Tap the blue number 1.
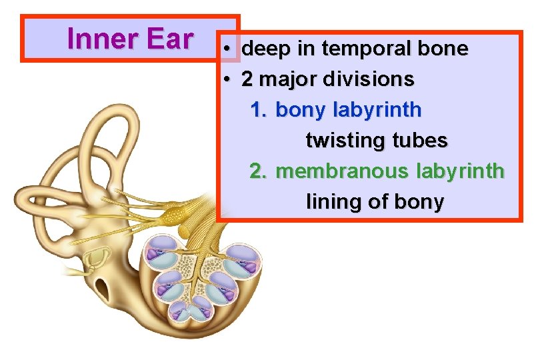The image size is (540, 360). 257,109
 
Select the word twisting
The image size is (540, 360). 339,141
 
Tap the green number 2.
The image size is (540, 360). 257,171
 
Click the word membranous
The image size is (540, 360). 341,171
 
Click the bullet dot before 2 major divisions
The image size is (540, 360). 227,79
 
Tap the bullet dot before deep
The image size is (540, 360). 227,49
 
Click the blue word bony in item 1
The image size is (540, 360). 298,109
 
